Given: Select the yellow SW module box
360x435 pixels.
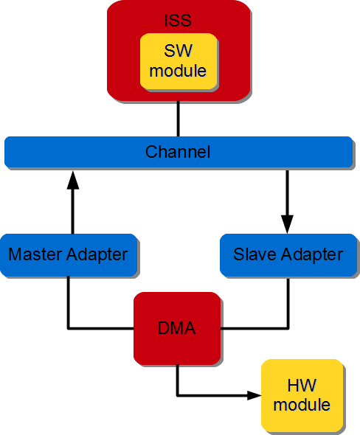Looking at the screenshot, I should click(x=178, y=61).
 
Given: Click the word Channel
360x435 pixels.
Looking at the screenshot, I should click(x=178, y=152).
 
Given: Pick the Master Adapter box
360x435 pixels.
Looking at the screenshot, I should click(x=68, y=255).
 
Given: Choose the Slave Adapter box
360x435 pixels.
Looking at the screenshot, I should click(x=288, y=255).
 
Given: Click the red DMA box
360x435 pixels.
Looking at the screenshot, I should click(x=177, y=328).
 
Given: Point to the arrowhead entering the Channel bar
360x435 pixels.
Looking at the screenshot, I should click(x=72, y=177).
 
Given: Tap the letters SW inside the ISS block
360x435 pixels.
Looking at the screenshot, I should click(x=178, y=52).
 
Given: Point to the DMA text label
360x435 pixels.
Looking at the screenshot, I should click(x=177, y=328).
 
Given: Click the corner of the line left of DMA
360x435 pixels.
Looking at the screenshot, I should click(x=69, y=327).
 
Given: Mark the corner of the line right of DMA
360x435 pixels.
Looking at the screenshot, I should click(x=288, y=327).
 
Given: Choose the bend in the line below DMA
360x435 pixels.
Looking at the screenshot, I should click(x=178, y=395).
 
